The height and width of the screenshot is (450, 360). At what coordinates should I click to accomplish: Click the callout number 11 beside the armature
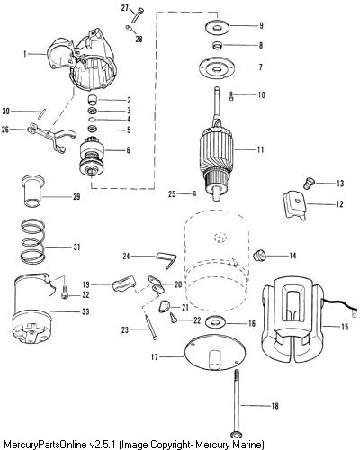click(260, 149)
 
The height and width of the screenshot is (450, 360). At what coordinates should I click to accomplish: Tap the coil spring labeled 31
click(33, 241)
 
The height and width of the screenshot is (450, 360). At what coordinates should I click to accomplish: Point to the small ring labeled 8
click(217, 46)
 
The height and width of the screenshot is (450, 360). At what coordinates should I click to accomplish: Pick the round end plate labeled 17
click(214, 352)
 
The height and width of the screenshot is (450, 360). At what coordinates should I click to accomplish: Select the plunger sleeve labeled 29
click(33, 192)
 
